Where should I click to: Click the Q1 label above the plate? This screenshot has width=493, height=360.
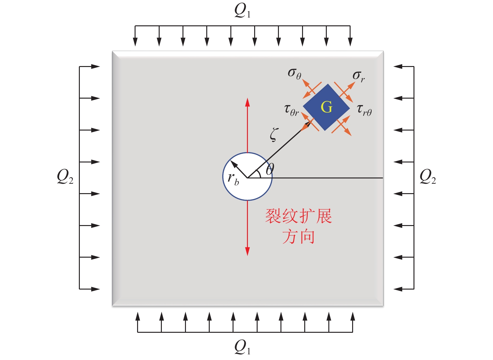[x=242, y=11]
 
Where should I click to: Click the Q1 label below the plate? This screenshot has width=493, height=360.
[x=242, y=347]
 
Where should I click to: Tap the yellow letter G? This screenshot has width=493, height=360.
[x=326, y=107]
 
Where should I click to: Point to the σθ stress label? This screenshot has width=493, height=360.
[x=294, y=74]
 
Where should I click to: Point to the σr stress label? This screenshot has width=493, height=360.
[x=358, y=76]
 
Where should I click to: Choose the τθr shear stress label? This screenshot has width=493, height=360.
[x=291, y=110]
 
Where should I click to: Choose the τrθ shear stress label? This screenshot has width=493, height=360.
[x=364, y=110]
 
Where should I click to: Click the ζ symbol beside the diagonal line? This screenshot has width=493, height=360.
[x=274, y=135]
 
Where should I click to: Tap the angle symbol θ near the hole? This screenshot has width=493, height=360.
[x=270, y=169]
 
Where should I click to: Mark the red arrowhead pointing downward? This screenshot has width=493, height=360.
[x=248, y=251]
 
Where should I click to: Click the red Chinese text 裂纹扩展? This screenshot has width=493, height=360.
[x=298, y=216]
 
